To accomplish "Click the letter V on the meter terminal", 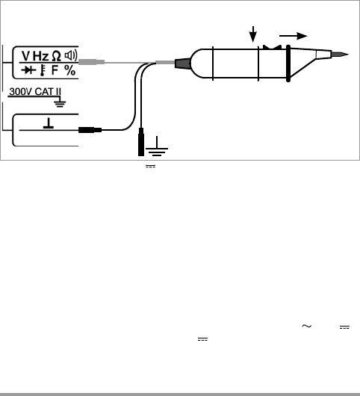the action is click(x=25, y=56).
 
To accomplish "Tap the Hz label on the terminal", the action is click(x=40, y=56).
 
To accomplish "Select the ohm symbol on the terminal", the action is click(x=56, y=56).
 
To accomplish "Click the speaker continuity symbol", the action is click(x=71, y=55).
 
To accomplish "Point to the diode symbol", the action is click(x=28, y=70).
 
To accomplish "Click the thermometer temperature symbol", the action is click(x=42, y=70).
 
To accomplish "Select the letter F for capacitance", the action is click(x=55, y=70).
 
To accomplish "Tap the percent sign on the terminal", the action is click(x=69, y=70).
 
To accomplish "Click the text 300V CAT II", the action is click(x=35, y=92).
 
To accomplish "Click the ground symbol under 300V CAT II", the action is click(x=60, y=103).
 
